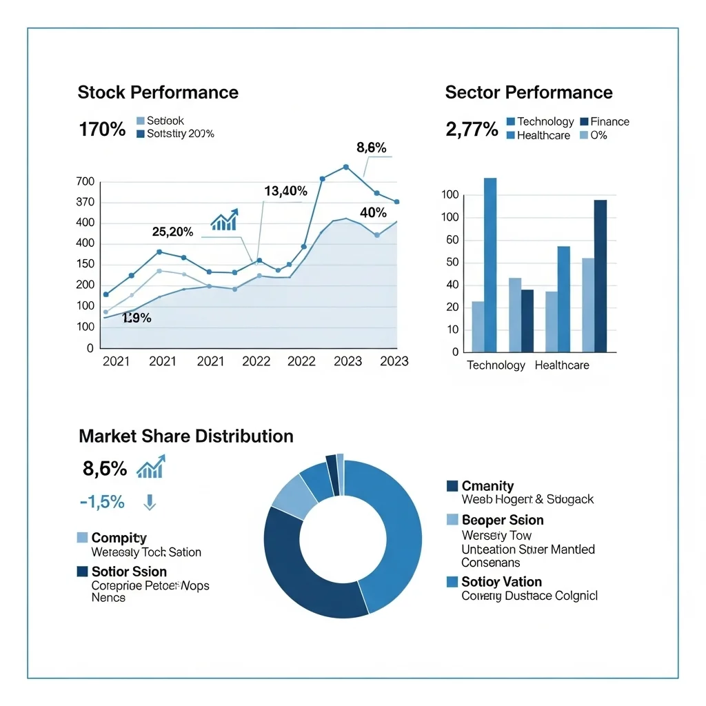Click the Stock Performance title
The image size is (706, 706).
[158, 92]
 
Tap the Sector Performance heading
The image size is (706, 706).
[529, 92]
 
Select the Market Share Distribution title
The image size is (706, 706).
[186, 436]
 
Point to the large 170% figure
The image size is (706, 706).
[103, 129]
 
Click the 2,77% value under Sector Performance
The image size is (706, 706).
[472, 129]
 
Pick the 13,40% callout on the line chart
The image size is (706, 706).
[285, 191]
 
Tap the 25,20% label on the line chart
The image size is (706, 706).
[172, 232]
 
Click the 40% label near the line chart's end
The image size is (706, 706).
[373, 212]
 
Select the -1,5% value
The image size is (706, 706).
[102, 502]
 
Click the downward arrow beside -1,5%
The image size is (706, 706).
[150, 503]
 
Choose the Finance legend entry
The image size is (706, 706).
[605, 121]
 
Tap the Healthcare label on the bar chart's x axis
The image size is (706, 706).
[562, 365]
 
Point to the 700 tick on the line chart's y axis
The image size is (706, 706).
[85, 182]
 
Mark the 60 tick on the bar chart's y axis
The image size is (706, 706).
[452, 240]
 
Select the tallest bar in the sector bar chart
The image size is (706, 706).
[490, 265]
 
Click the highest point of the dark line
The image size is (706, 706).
[345, 167]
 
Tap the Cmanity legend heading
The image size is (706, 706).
[487, 486]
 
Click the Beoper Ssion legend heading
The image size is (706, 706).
[502, 520]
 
